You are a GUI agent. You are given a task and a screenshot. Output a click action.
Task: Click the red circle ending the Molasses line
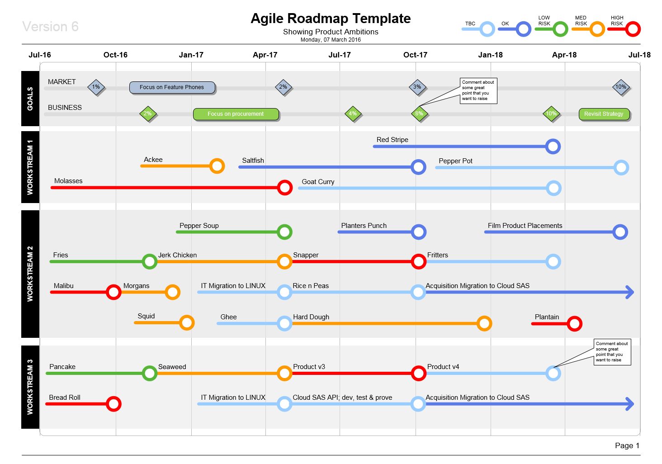click(x=284, y=187)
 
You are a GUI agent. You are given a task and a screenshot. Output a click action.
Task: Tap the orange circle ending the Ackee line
click(x=217, y=166)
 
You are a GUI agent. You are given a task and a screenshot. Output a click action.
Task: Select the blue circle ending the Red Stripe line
click(x=553, y=147)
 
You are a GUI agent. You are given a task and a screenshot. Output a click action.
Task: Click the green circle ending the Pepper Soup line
click(x=284, y=232)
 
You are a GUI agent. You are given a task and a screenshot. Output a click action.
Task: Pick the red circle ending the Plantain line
click(x=574, y=323)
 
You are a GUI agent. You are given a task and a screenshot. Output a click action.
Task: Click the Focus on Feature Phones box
click(x=172, y=87)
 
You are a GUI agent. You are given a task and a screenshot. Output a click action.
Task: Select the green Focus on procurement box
click(x=236, y=114)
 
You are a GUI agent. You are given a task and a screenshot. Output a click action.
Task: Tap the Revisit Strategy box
click(x=604, y=114)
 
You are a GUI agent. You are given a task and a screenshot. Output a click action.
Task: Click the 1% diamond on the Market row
click(x=96, y=87)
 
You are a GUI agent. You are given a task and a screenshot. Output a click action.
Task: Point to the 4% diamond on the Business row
click(x=353, y=114)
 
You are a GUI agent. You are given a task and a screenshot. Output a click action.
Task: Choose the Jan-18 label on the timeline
click(x=490, y=55)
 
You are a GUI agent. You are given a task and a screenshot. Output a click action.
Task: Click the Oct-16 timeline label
click(x=115, y=55)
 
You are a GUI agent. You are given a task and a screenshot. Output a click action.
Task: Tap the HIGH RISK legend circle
click(x=633, y=29)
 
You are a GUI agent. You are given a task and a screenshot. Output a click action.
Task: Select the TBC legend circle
click(x=487, y=29)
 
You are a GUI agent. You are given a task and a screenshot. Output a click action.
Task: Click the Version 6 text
click(x=50, y=27)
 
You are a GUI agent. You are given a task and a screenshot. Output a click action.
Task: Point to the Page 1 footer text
click(x=627, y=445)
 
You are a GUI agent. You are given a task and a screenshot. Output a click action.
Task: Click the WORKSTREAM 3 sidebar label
click(x=30, y=387)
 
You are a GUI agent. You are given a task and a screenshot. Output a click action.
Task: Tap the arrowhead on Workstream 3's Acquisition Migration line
click(x=629, y=404)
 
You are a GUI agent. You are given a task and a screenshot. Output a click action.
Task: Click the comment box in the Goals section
click(x=478, y=90)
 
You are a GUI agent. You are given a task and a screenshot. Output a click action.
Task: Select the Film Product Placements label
click(x=525, y=226)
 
